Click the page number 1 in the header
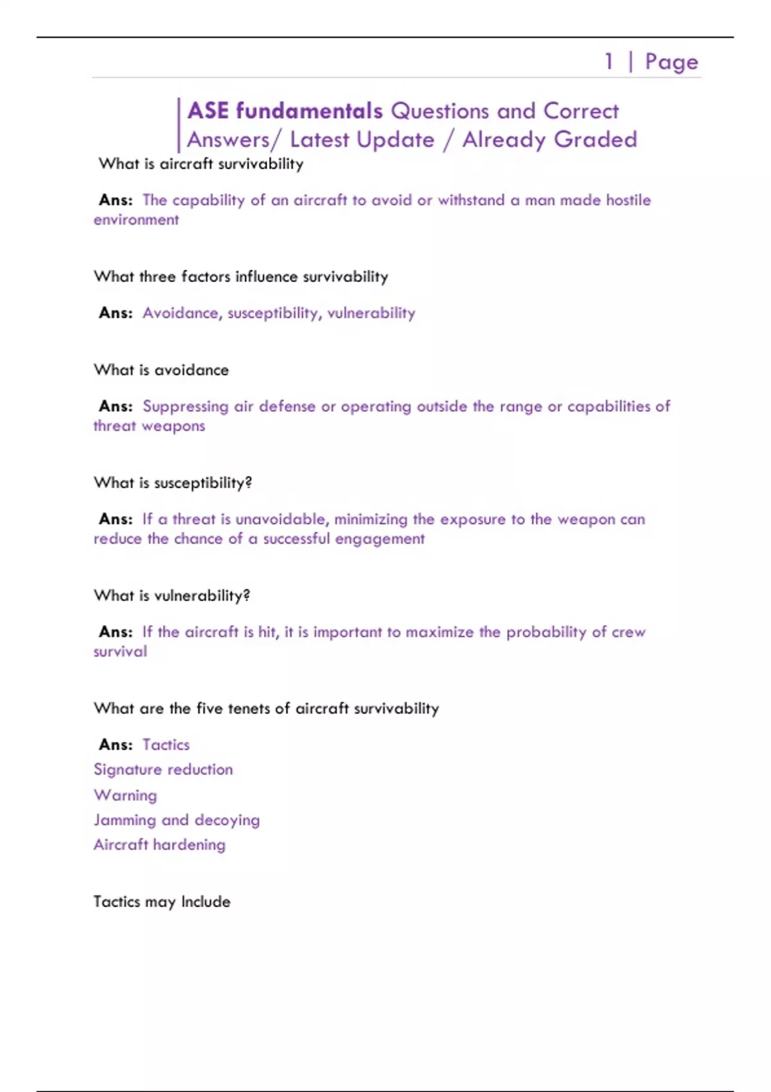(608, 62)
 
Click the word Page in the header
(671, 62)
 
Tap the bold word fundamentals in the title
(309, 111)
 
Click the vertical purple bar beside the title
(178, 125)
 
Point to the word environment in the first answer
(136, 220)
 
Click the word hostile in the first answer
(628, 200)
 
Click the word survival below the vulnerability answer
(120, 651)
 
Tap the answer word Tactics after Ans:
(166, 744)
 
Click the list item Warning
(125, 795)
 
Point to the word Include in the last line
(205, 901)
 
